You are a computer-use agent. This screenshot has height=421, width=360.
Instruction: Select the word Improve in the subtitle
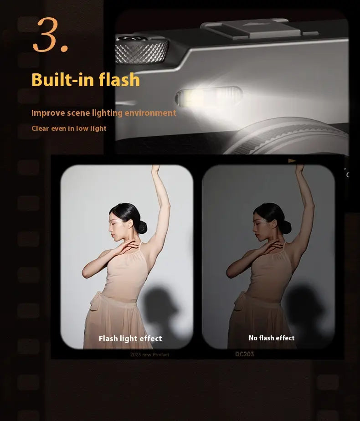[x=47, y=113]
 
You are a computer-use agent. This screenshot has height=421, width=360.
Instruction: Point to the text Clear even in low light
[x=69, y=128]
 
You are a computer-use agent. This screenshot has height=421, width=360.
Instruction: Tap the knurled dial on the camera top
[x=141, y=50]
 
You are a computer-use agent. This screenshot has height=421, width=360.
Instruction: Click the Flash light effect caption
[x=130, y=339]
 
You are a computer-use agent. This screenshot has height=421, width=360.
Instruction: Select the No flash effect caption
[x=272, y=338]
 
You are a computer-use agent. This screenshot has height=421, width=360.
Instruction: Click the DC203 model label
[x=245, y=354]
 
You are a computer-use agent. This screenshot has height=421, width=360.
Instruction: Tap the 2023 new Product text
[x=149, y=354]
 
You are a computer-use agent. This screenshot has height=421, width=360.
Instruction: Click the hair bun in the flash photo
[x=142, y=226]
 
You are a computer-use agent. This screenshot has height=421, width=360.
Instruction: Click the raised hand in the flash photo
[x=156, y=169]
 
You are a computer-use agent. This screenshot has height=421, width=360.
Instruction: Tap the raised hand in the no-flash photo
[x=299, y=169]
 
